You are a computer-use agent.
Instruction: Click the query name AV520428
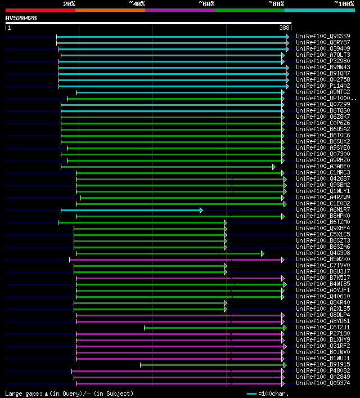[x=21, y=18]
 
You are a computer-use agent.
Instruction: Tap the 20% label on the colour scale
[x=69, y=3]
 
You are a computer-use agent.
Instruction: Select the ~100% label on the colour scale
[x=344, y=3]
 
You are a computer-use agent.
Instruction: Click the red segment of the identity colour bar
[x=40, y=10]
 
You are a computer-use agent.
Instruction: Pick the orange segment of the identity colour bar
[x=110, y=10]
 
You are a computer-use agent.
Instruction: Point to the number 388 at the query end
[x=284, y=28]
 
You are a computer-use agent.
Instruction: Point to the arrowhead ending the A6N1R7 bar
[x=201, y=210]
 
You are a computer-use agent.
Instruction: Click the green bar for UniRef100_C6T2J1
[x=214, y=328]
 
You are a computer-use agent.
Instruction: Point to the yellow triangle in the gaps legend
[x=46, y=393]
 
